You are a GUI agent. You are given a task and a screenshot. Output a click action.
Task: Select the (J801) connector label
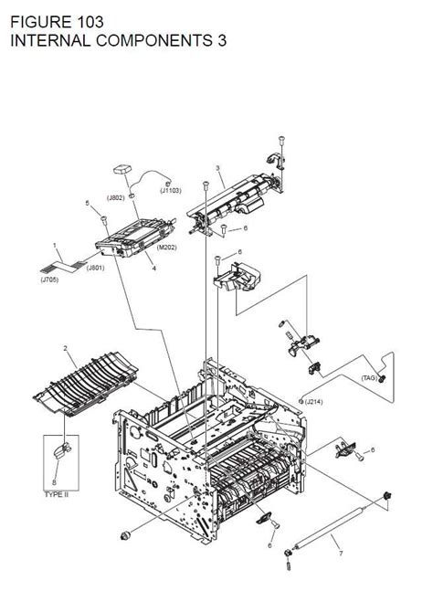point(96,268)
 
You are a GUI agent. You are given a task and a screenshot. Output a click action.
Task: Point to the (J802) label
point(116,198)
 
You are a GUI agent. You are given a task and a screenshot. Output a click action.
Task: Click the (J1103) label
point(171,190)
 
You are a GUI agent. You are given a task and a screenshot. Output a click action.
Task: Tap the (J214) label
point(313,402)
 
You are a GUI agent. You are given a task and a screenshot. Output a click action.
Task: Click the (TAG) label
point(370,377)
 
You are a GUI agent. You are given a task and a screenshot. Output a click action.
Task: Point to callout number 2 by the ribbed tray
point(65,348)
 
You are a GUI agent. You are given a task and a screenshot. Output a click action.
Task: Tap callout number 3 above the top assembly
point(217,168)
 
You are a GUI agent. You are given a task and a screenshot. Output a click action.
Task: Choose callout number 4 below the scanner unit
point(153,269)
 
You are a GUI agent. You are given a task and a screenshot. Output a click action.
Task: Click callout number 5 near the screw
point(88,203)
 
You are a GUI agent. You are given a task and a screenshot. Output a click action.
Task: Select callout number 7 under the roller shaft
point(339,554)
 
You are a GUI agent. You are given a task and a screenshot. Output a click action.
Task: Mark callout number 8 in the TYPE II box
point(55,481)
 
